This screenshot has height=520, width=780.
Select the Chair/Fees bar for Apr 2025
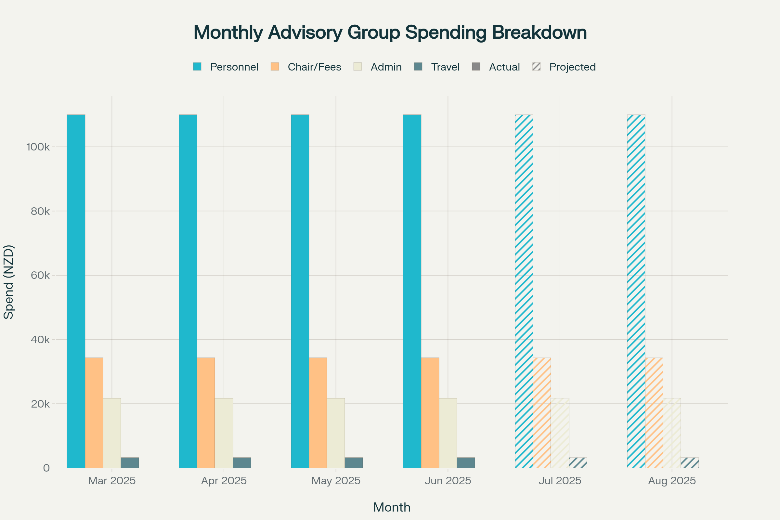pyautogui.click(x=206, y=412)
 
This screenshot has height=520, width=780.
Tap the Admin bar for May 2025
pyautogui.click(x=336, y=433)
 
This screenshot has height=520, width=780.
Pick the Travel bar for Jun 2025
pyautogui.click(x=466, y=462)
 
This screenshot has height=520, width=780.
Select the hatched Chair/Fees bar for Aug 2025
pyautogui.click(x=654, y=412)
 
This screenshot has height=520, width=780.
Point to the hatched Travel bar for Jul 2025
pyautogui.click(x=578, y=462)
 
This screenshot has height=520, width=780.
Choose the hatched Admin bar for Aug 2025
pyautogui.click(x=672, y=433)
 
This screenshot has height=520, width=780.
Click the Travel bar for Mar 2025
pyautogui.click(x=130, y=462)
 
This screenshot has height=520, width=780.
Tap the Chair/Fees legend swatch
pyautogui.click(x=275, y=67)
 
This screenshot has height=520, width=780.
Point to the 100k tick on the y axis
pyautogui.click(x=38, y=147)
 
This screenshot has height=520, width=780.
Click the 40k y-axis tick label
pyautogui.click(x=40, y=340)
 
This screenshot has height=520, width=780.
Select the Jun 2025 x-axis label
pyautogui.click(x=448, y=481)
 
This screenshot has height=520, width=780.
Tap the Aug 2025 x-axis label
pyautogui.click(x=672, y=481)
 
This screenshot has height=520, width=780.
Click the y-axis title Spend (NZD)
pyautogui.click(x=9, y=282)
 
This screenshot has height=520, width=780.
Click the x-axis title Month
pyautogui.click(x=392, y=507)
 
